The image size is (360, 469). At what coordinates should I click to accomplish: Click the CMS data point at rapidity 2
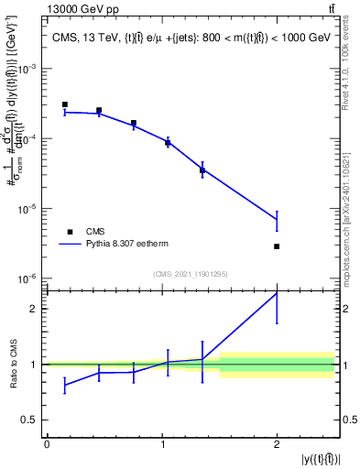pos(277,246)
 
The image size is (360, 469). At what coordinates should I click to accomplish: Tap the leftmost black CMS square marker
pos(64,104)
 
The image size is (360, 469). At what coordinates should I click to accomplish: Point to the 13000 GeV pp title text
pos(82,9)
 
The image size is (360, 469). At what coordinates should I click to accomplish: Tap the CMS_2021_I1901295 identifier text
pos(190,274)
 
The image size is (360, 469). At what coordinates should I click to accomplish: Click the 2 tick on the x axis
pos(277,444)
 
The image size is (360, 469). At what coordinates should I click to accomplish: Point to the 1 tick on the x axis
pos(161,444)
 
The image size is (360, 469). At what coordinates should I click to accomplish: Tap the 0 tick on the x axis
pos(47,444)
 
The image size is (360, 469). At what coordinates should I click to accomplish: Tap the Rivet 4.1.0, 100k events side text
pos(351,64)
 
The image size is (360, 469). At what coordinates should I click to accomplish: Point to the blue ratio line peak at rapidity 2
pos(277,293)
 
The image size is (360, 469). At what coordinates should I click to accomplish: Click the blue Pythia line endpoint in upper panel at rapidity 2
pos(277,219)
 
